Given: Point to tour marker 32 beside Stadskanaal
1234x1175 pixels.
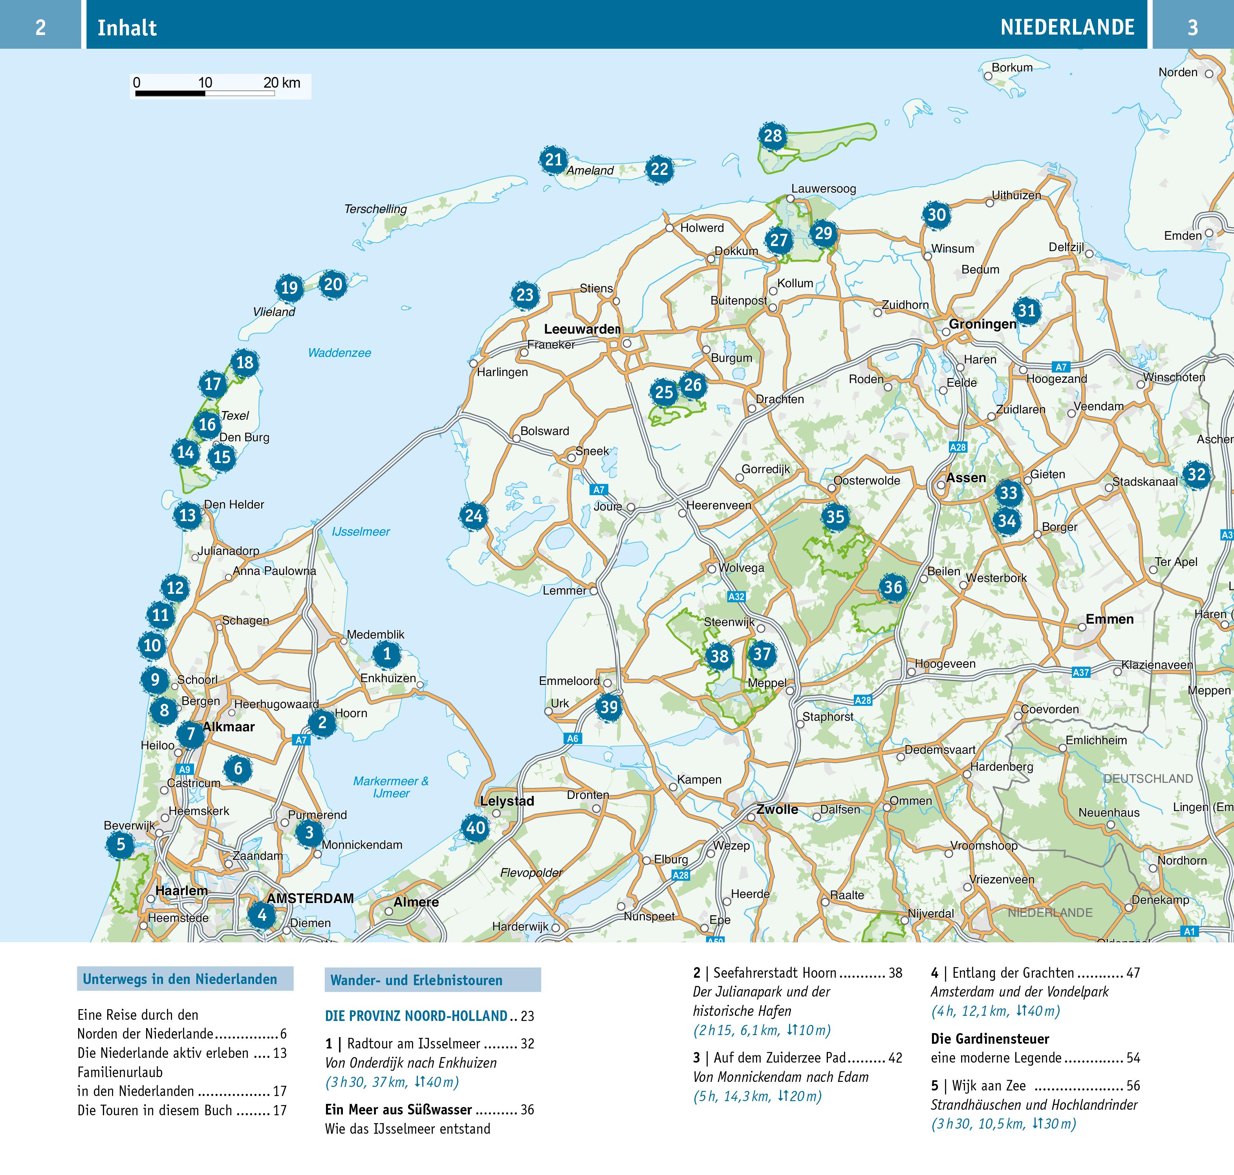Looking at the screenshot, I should click(1196, 474).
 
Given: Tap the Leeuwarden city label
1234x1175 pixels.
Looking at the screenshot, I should click(582, 329).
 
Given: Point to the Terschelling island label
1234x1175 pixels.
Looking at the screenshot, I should click(375, 209).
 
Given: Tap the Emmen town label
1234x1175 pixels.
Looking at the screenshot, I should click(1110, 619).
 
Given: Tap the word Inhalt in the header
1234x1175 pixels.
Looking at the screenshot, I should click(127, 28).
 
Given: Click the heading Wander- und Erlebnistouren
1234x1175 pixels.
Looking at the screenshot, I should click(416, 980).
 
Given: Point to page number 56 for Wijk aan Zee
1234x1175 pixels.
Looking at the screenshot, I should click(1133, 1085).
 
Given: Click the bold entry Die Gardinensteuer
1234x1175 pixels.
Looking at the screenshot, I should click(990, 1039).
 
